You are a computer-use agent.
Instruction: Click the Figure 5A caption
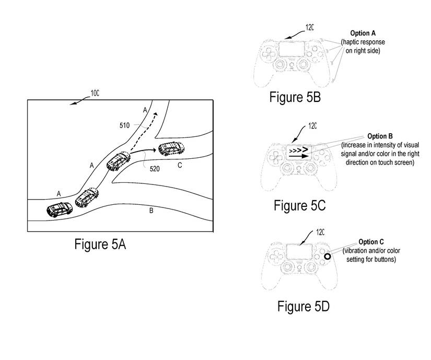pos(100,244)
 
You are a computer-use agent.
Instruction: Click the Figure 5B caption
pos(295,97)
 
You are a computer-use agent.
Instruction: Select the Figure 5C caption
pos(299,205)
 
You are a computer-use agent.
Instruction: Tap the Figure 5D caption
pos(303,306)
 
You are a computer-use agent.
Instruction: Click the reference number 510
pos(125,126)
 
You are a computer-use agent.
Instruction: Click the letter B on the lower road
pos(151,211)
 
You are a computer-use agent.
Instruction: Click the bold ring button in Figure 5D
pos(327,257)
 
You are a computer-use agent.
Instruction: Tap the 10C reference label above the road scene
pos(95,94)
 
